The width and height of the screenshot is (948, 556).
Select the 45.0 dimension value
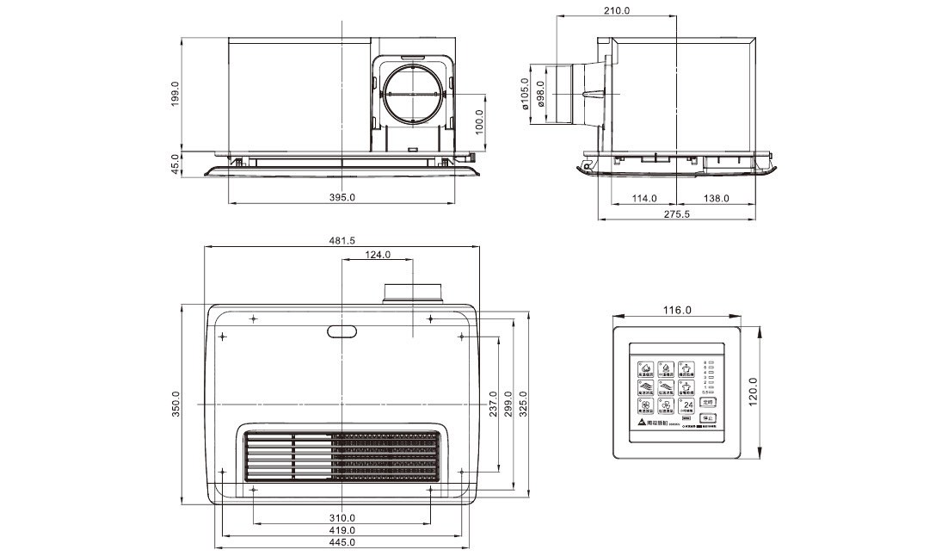pos(175,163)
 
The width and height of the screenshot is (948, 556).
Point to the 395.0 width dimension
pos(342,198)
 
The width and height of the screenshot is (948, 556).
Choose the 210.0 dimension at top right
pos(617,11)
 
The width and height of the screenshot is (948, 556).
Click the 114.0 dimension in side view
pos(644,198)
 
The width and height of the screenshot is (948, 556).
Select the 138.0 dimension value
pos(716,198)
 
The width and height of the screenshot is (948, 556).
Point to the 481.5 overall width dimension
pos(342,241)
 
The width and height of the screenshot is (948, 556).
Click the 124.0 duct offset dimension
pos(378,255)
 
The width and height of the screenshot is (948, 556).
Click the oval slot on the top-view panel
pos(342,331)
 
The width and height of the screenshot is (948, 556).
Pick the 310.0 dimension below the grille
pos(342,518)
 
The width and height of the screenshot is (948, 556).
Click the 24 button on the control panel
pos(687,405)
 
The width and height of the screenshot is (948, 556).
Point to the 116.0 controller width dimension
pos(677,310)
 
